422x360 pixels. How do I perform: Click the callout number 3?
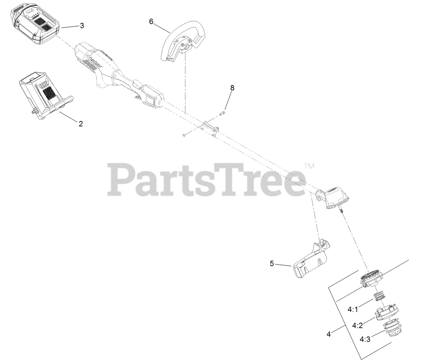[82, 26]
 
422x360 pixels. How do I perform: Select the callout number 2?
[81, 123]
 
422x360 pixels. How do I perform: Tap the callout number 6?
[151, 22]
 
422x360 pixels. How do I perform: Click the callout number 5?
[272, 263]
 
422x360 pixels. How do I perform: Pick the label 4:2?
[357, 325]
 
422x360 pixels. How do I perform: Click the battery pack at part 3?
[35, 25]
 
